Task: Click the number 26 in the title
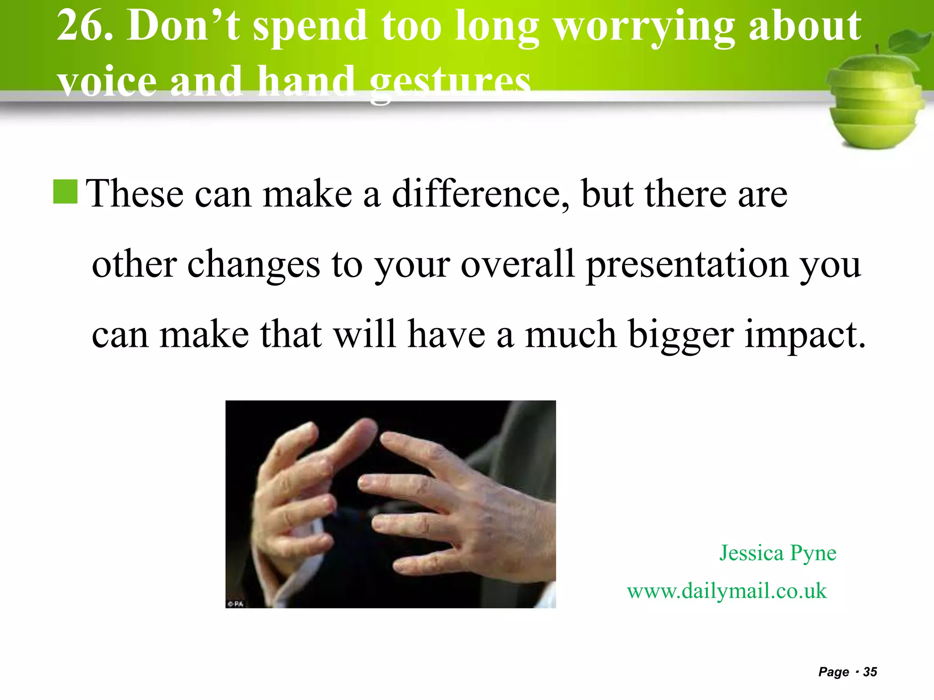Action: coord(83,26)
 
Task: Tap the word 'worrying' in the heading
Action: coord(643,28)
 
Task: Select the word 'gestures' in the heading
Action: coord(450,83)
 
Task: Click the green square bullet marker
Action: coord(65,191)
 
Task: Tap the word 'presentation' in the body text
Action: coord(687,266)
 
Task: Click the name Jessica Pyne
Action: coord(778,553)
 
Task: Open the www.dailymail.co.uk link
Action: coord(726,591)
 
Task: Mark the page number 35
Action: coord(870,672)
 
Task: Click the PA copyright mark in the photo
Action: coord(236,604)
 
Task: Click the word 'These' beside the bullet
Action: coord(135,194)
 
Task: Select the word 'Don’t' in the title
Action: coord(183,26)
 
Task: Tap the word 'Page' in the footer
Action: coord(834,672)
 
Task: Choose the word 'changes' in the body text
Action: coord(254,266)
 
